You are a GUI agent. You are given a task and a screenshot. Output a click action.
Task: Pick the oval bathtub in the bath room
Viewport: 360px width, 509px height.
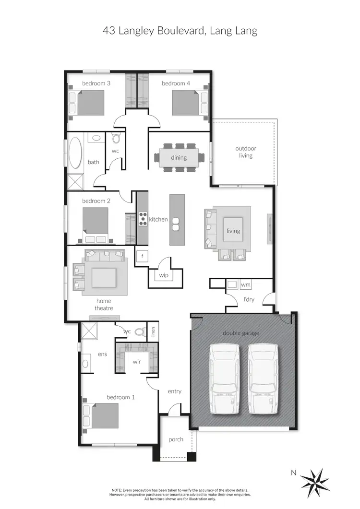click(x=75, y=152)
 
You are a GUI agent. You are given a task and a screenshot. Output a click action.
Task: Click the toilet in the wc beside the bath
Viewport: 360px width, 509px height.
click(x=116, y=139)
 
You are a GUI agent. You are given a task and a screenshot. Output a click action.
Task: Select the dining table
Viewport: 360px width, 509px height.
click(x=176, y=157)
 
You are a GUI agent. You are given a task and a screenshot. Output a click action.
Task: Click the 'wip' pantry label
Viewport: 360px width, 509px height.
click(x=164, y=275)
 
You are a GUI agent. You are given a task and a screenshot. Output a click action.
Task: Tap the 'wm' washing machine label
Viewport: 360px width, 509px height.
click(x=245, y=285)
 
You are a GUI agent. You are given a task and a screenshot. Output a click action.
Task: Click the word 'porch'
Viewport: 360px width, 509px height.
click(x=176, y=439)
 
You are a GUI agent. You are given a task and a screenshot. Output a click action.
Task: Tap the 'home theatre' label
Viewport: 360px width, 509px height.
click(x=104, y=305)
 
